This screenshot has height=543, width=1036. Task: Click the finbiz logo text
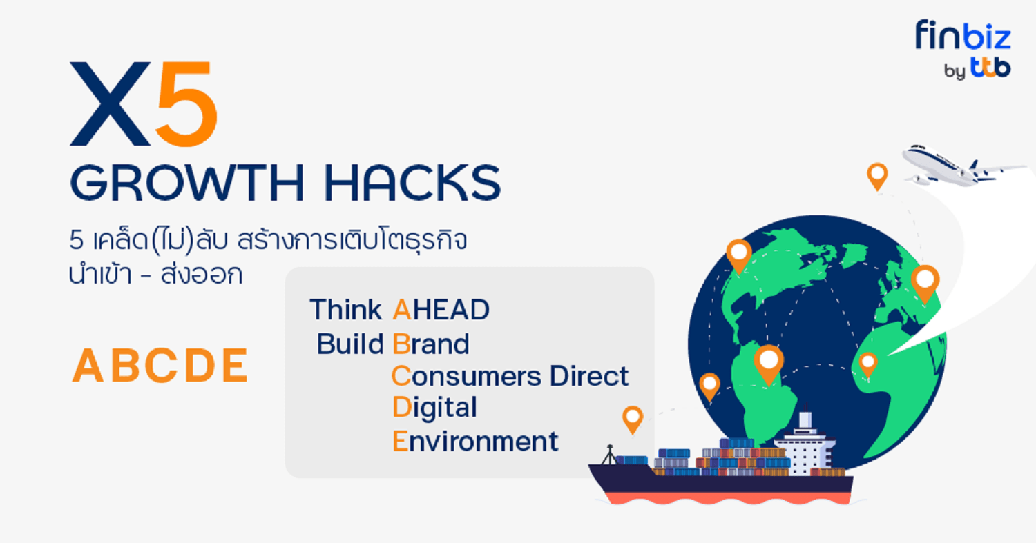(x=963, y=34)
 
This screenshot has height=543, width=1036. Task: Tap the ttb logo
(x=990, y=68)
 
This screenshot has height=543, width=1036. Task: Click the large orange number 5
(x=186, y=103)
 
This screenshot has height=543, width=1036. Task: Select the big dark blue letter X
(x=110, y=103)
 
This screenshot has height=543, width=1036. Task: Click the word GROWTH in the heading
(x=187, y=183)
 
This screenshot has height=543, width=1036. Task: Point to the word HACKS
(x=412, y=183)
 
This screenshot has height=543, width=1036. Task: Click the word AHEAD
(x=441, y=310)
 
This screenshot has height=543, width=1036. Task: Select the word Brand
(x=430, y=344)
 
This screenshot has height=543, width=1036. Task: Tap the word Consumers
(x=466, y=376)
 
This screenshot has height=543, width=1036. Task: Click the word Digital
(x=434, y=408)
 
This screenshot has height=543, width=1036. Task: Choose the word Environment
(x=475, y=442)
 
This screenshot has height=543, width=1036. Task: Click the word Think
(x=345, y=310)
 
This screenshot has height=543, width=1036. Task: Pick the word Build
(x=350, y=344)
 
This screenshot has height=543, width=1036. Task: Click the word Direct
(x=589, y=376)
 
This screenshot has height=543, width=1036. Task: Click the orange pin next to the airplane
(x=877, y=176)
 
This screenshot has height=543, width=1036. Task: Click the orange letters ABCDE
(x=160, y=366)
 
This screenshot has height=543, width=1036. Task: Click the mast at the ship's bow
(x=610, y=455)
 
